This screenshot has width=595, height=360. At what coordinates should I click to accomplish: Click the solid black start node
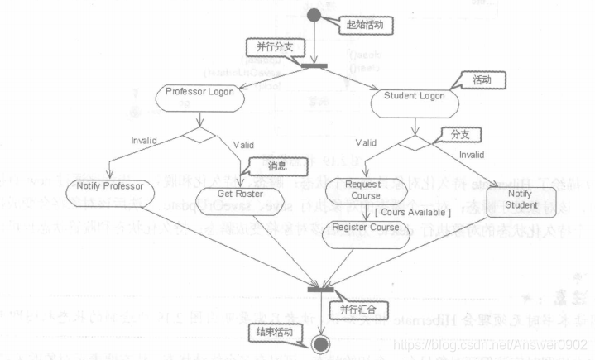tap(313, 15)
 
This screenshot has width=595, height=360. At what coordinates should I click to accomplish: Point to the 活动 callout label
tap(481, 81)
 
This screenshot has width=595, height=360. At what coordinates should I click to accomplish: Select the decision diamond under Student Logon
tap(414, 142)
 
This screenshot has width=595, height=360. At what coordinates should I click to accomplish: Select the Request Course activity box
tap(363, 190)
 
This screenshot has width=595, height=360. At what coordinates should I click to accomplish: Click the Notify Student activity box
tap(524, 199)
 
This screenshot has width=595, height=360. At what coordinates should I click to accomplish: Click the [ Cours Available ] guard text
tap(389, 212)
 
